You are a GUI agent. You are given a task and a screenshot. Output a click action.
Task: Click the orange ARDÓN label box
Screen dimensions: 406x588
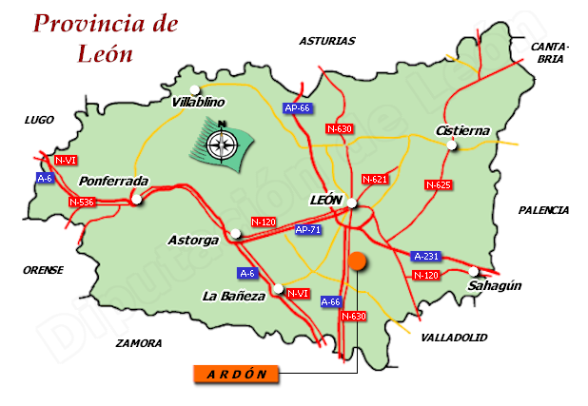point(236,374)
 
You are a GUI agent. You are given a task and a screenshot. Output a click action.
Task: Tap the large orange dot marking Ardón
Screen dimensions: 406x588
point(357,261)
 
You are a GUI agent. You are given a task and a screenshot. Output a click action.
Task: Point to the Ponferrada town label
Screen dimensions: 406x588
point(113,181)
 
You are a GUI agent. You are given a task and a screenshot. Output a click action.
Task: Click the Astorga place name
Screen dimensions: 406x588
point(192,241)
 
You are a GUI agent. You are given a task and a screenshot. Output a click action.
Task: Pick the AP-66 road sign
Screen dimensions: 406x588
point(298,108)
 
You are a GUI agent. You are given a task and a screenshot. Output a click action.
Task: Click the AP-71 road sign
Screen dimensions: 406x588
point(307,230)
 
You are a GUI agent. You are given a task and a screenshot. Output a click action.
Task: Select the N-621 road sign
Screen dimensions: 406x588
point(376,180)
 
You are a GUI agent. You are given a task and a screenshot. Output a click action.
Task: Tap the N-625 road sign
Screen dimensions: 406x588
point(438,184)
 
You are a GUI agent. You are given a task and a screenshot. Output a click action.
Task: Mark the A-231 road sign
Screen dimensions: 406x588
point(425,256)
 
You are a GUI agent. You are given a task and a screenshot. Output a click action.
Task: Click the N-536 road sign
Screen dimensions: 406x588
point(82,202)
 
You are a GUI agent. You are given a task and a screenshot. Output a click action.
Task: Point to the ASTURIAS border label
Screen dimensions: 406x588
point(326,41)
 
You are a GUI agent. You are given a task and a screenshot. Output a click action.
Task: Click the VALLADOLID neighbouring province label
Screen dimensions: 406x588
point(453,338)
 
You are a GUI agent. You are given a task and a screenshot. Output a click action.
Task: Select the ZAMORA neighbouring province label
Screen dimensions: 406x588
point(139,343)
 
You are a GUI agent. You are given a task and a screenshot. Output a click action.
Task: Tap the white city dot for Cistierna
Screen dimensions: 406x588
point(452,145)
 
